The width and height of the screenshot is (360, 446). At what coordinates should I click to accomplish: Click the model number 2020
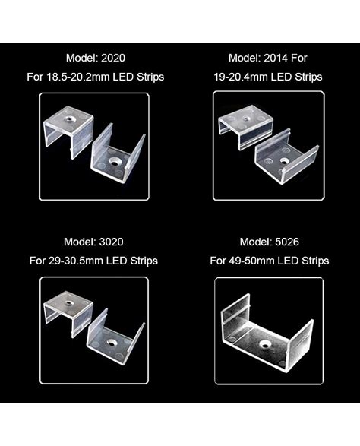[x=111, y=57]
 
